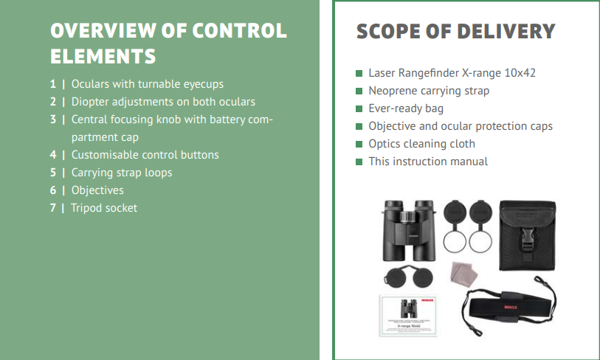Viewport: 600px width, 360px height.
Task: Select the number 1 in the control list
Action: click(53, 84)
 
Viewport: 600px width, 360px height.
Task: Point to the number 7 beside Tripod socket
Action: click(53, 208)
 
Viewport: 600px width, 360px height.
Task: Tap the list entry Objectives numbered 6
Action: click(97, 190)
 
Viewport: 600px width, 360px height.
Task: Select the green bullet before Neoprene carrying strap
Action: click(359, 91)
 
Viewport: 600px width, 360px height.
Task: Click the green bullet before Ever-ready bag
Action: click(359, 109)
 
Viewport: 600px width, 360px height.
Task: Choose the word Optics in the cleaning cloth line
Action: click(385, 144)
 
